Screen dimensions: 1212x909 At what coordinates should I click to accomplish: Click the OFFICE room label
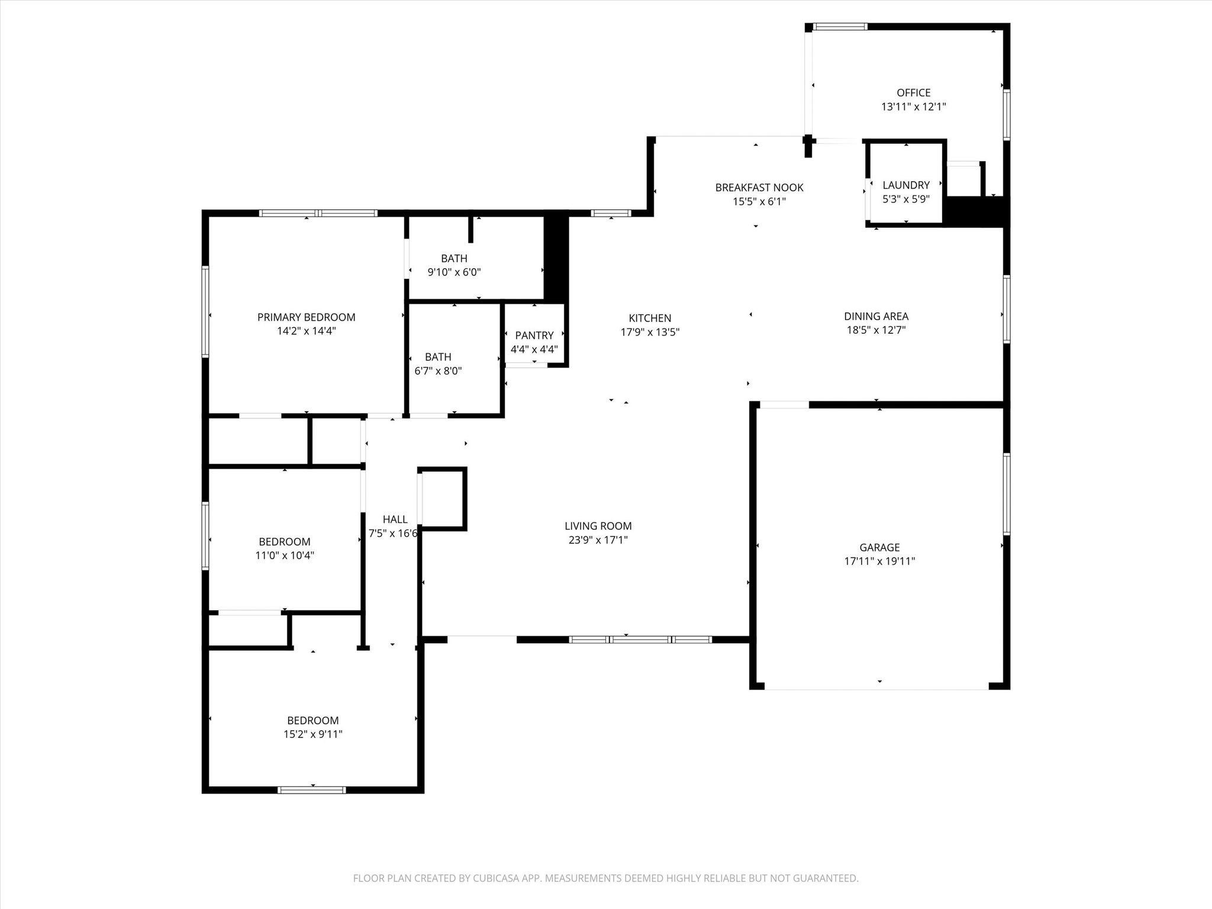[x=913, y=93]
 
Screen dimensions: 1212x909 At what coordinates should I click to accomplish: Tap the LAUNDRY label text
[x=906, y=185]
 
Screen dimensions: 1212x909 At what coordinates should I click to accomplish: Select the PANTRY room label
[x=534, y=336]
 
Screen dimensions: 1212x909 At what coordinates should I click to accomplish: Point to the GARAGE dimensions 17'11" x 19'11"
[x=879, y=562]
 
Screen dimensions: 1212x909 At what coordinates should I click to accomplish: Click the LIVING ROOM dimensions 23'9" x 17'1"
[x=598, y=540]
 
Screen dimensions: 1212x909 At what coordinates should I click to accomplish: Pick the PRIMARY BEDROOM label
[x=306, y=317]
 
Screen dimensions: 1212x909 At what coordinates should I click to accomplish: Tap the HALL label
[x=395, y=520]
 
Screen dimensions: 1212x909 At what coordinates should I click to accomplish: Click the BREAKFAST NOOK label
[x=759, y=188]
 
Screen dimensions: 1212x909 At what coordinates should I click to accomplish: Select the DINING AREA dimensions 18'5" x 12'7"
[x=876, y=330]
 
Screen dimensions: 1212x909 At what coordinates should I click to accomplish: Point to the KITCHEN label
[x=650, y=318]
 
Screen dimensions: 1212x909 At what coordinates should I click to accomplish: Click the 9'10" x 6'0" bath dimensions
[x=454, y=272]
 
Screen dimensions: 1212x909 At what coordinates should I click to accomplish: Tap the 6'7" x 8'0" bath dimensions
[x=438, y=371]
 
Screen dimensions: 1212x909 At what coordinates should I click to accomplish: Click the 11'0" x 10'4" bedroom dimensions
[x=285, y=556]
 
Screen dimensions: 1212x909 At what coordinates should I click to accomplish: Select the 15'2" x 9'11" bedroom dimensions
[x=312, y=734]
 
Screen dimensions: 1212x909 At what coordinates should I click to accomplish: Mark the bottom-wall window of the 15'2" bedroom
[x=311, y=789]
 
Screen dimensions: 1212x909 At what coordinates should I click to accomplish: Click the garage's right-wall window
[x=1006, y=494]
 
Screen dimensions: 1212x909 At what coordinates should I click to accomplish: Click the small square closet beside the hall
[x=442, y=498]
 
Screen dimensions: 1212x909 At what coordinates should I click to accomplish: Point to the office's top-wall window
[x=840, y=27]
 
